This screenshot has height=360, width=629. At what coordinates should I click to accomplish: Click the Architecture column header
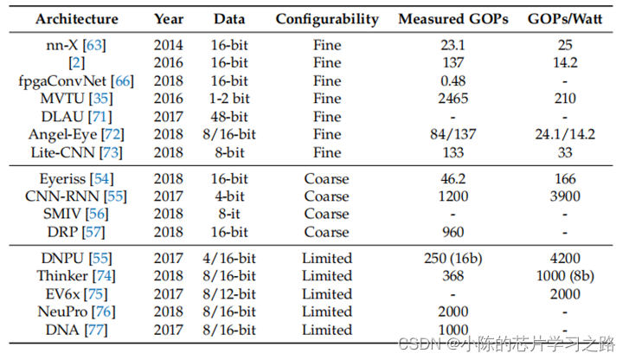tap(77, 18)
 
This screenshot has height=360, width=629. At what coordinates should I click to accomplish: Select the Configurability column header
tap(327, 18)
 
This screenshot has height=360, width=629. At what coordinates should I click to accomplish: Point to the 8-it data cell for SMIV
tap(230, 215)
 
